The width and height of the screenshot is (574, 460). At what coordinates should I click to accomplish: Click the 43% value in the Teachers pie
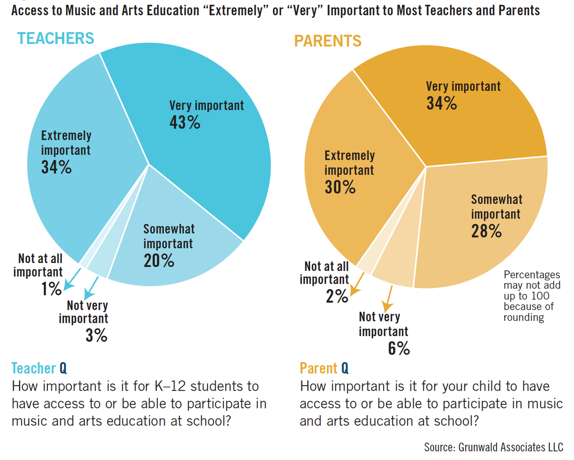click(x=185, y=123)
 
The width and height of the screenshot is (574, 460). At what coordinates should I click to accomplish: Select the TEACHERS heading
click(x=55, y=38)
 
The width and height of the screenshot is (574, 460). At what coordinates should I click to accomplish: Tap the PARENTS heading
click(x=328, y=41)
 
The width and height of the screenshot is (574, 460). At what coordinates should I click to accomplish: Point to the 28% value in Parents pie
click(x=486, y=231)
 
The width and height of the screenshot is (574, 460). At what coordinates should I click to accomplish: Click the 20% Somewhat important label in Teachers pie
click(x=159, y=261)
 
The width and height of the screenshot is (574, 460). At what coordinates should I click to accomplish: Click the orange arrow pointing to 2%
click(x=357, y=285)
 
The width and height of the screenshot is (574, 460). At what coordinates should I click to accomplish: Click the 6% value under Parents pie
click(x=398, y=349)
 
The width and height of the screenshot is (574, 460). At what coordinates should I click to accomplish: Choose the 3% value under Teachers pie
click(x=97, y=336)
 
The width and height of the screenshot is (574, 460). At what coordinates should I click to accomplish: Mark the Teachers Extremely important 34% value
click(x=56, y=167)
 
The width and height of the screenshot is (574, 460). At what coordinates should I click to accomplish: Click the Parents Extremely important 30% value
click(x=340, y=187)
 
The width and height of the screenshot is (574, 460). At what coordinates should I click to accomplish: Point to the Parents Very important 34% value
click(x=442, y=103)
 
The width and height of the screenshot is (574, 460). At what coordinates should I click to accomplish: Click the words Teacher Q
click(x=39, y=368)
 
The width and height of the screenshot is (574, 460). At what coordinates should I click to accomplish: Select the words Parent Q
click(x=324, y=368)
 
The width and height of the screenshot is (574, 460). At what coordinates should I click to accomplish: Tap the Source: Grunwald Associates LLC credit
click(x=494, y=448)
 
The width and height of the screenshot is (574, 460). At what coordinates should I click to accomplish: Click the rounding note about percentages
click(x=531, y=296)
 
